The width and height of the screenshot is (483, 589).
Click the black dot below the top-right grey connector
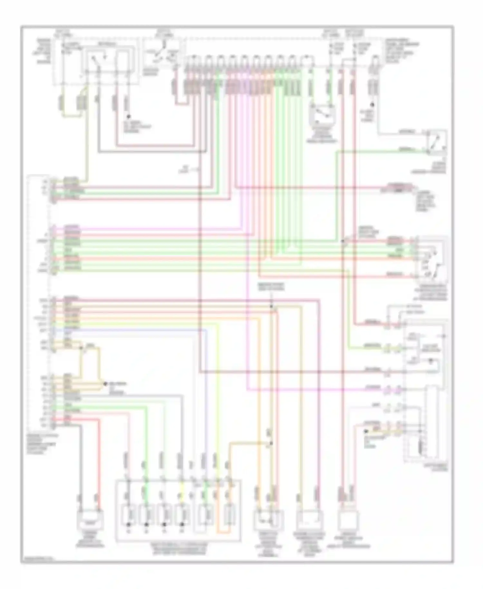click(372, 105)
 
